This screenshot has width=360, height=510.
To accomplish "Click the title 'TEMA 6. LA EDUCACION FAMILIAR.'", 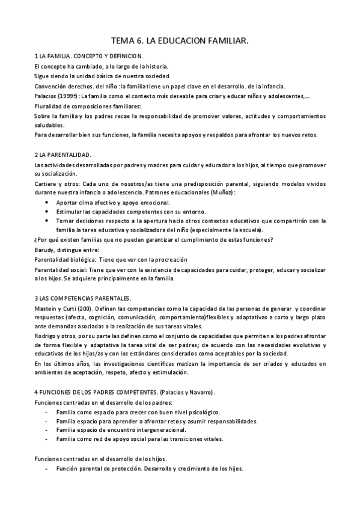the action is pyautogui.click(x=180, y=40).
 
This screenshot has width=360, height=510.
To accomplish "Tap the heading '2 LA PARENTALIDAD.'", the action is pyautogui.click(x=63, y=155).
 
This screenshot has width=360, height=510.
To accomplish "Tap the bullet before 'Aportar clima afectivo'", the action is pyautogui.click(x=47, y=203).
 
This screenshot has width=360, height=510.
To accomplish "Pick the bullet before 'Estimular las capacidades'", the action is pyautogui.click(x=47, y=212).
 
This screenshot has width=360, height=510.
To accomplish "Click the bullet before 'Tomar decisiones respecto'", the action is pyautogui.click(x=47, y=221).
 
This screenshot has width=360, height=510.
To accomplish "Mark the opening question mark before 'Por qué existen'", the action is pyautogui.click(x=36, y=240).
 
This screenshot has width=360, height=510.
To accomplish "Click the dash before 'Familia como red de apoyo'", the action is pyautogui.click(x=47, y=439).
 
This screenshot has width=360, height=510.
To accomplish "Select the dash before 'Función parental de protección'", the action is pyautogui.click(x=47, y=469).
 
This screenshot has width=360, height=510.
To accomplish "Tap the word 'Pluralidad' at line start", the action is pyautogui.click(x=48, y=105).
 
